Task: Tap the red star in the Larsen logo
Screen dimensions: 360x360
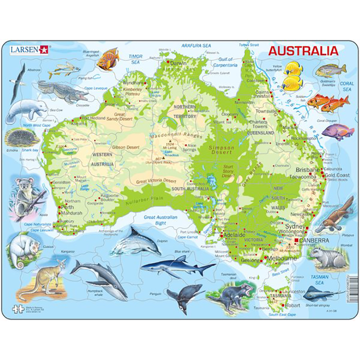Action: pyautogui.click(x=44, y=49)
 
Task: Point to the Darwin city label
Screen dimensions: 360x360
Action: pyautogui.click(x=179, y=63)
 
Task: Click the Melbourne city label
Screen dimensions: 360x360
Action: pyautogui.click(x=282, y=259)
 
